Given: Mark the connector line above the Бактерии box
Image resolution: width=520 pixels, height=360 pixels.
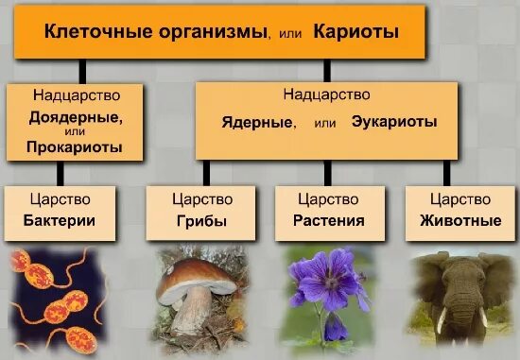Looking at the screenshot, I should click(61, 172).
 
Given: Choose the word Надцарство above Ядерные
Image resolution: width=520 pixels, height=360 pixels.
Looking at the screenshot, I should click(326, 94).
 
